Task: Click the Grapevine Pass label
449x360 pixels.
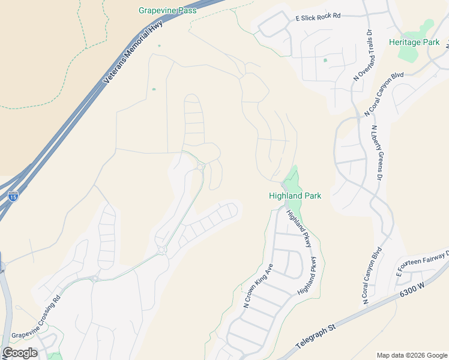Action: point(168,10)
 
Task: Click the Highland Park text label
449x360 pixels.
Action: point(295,196)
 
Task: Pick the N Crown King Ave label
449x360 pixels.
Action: point(259,286)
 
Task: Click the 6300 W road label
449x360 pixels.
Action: point(412,288)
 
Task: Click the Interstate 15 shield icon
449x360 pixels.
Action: point(13,196)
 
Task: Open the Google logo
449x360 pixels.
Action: point(20,353)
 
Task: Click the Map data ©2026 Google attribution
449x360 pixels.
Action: point(411,355)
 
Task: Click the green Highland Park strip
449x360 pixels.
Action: point(294,180)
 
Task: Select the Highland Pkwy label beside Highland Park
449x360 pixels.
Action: point(298,229)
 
